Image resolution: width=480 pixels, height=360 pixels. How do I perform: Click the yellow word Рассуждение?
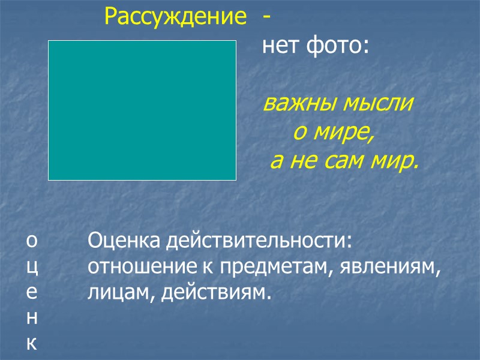coord(175,17)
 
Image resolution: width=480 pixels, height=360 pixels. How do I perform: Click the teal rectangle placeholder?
coord(142,110)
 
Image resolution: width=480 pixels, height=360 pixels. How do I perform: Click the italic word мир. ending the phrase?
coord(394,161)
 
